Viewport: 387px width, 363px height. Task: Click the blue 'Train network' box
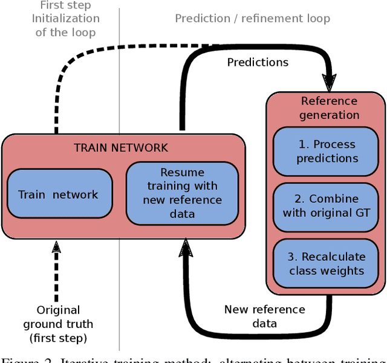pyautogui.click(x=58, y=194)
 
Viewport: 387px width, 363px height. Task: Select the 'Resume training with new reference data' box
pyautogui.click(x=182, y=193)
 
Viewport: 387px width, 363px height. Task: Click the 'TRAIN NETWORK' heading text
pyautogui.click(x=121, y=147)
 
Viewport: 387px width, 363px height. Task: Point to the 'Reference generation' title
pyautogui.click(x=329, y=108)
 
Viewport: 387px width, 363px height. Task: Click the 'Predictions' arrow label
pyautogui.click(x=258, y=62)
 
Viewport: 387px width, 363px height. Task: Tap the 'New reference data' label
pyautogui.click(x=264, y=316)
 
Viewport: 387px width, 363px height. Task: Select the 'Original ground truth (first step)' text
pyautogui.click(x=58, y=324)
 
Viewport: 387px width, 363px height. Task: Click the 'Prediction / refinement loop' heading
pyautogui.click(x=252, y=18)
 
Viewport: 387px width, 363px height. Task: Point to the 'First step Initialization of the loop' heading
pyautogui.click(x=65, y=18)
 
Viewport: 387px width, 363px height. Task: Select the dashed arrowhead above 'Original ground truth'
pyautogui.click(x=56, y=246)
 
